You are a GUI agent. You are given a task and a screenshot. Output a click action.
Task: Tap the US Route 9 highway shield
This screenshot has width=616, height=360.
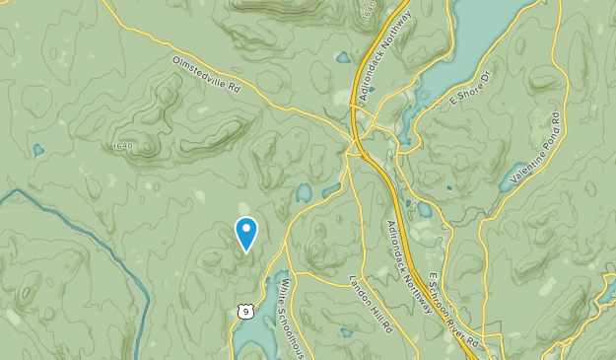[x=243, y=311]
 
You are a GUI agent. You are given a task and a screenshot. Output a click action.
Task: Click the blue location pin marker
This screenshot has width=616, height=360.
[x=246, y=234]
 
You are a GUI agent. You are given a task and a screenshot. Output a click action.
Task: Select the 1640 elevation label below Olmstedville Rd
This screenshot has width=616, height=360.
[x=122, y=147]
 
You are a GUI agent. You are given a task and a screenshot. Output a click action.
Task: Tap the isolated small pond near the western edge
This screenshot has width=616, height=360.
[x=37, y=151]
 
